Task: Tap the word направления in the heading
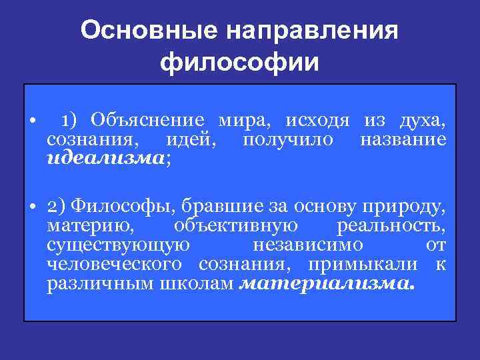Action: [x=313, y=31]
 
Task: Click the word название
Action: [x=402, y=140]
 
